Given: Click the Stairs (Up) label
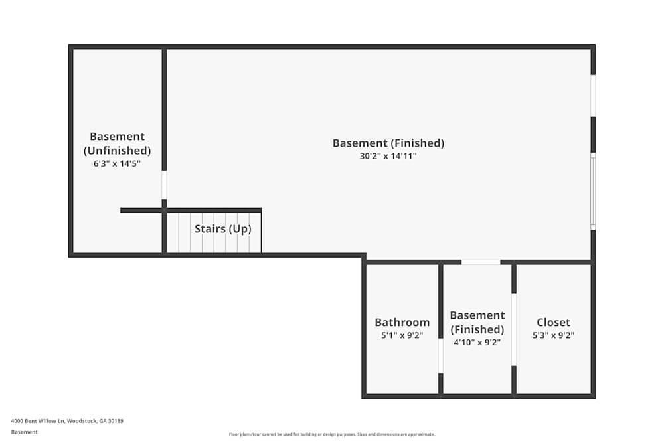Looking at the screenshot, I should tap(222, 229).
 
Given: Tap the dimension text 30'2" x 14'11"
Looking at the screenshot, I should tap(388, 157).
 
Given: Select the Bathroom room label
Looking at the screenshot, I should tap(402, 323).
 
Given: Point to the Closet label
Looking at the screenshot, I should tap(553, 323).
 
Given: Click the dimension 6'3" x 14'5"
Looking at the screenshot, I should tap(117, 163).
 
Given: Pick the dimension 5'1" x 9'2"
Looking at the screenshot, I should tap(402, 335).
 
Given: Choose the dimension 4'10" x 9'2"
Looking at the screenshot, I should tap(477, 343).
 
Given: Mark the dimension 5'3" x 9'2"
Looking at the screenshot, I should tap(553, 335).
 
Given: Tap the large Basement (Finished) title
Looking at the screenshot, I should tap(388, 143).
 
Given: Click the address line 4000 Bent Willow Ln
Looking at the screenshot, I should tap(67, 421).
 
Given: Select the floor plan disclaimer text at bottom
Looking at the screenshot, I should tap(332, 434).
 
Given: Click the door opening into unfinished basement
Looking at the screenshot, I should tap(164, 185).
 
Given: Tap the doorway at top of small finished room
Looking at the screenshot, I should tap(481, 262).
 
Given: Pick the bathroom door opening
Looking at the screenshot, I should tap(440, 356).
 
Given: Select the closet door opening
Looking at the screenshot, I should tap(514, 329).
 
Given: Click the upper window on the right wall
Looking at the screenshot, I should tap(593, 96).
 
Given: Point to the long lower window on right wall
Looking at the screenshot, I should tap(593, 191).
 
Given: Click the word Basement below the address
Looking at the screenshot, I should tap(25, 432).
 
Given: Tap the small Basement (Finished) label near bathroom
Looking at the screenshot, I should tap(477, 323).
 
